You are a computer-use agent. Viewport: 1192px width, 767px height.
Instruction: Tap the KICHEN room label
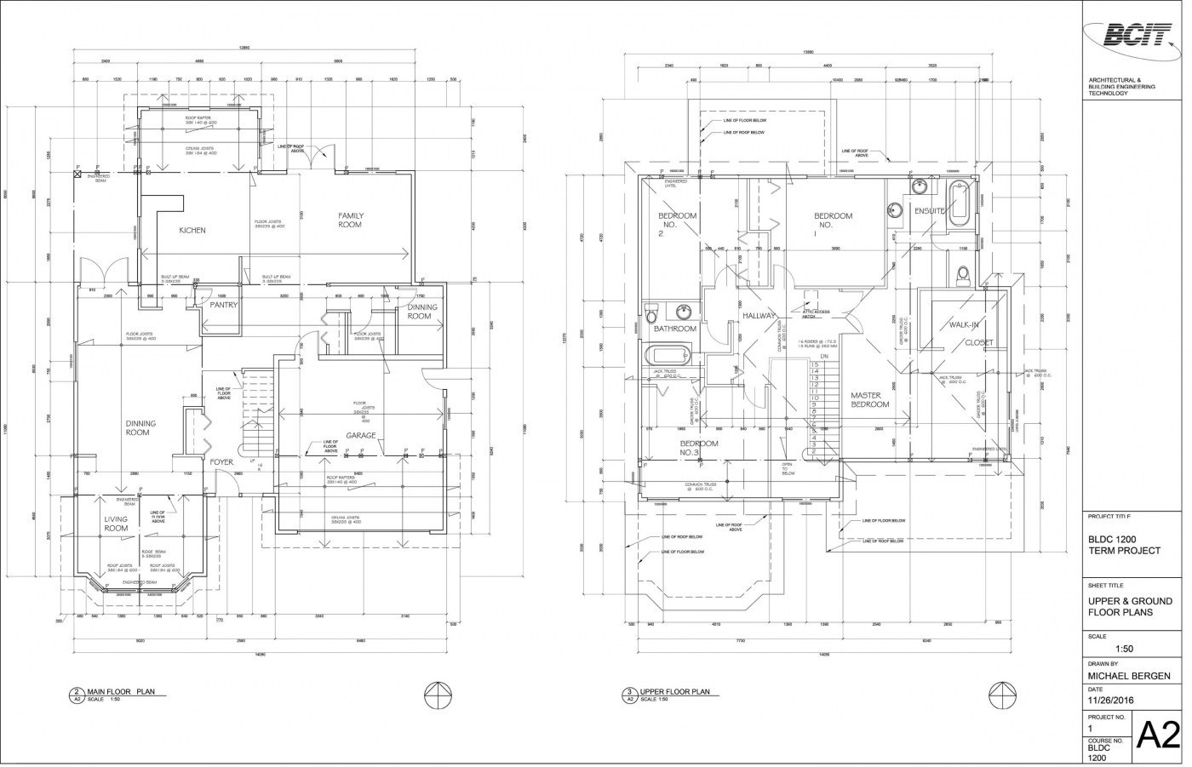point(192,230)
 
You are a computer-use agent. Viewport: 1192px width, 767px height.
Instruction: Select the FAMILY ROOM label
point(350,220)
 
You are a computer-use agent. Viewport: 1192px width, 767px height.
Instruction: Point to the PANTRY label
point(223,305)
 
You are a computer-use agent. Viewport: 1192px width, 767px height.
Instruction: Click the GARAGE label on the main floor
point(361,436)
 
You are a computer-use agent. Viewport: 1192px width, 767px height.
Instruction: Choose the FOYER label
point(222,462)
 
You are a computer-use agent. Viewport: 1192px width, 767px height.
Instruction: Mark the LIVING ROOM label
point(116,524)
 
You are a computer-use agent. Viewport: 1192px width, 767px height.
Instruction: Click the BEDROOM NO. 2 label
point(677,224)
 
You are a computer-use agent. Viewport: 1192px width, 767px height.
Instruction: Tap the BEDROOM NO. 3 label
point(699,448)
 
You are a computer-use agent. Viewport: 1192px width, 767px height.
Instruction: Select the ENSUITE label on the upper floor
point(930,211)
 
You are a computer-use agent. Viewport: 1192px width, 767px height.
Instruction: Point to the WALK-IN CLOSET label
point(970,334)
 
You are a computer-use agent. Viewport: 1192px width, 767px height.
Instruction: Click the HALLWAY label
point(758,316)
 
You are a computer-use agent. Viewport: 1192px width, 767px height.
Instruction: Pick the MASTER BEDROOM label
point(870,400)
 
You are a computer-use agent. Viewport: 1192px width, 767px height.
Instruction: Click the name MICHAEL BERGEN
point(1124,677)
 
